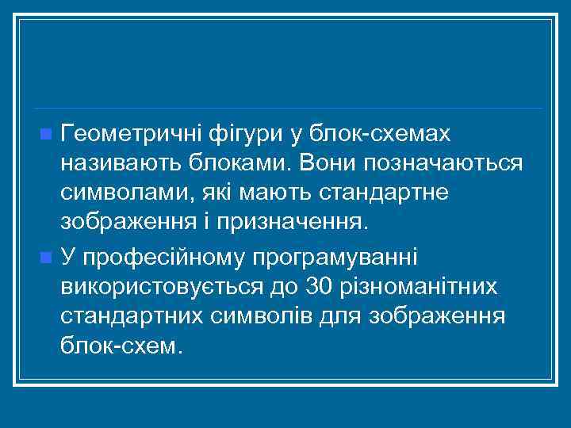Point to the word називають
coord(117,163)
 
